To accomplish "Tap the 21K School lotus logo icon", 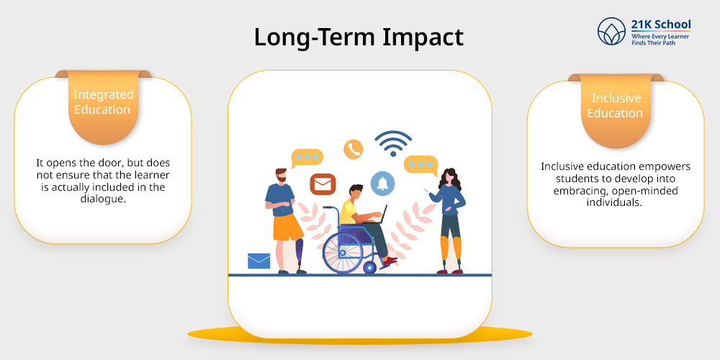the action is pos(611,31).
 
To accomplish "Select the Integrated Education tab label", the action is pos(103,102).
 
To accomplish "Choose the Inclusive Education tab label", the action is pos(616,106).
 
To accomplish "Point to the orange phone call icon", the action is pos(354,149).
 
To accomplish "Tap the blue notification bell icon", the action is pos(382,183).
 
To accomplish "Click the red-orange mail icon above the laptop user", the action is pos(323,184).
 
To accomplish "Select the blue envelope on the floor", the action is pos(259,261).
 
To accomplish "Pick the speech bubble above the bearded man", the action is pos(307,158).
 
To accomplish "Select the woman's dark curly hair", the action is pos(449,179).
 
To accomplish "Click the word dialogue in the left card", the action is pos(103,199).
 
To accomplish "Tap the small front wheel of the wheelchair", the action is pos(369,267).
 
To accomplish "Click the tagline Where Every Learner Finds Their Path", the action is pos(660,39).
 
